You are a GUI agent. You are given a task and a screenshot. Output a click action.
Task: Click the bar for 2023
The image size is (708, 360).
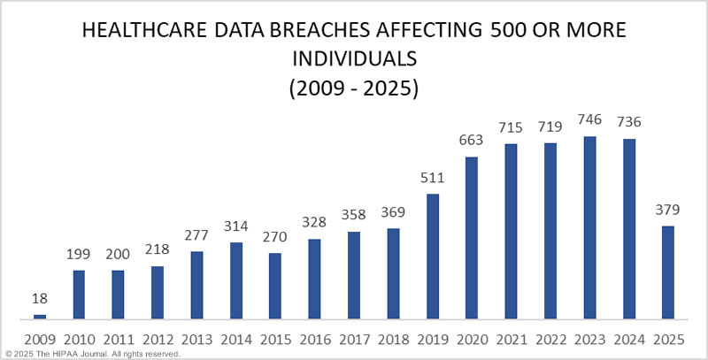point(589,227)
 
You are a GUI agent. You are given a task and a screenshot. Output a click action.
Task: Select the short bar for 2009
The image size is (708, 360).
point(39,316)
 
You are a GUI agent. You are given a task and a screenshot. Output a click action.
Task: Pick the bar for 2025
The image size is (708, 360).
point(668,272)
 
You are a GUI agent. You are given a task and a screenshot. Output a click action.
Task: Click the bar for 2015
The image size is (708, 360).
point(275,286)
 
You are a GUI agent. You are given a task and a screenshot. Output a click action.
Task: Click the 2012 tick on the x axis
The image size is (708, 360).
point(158,339)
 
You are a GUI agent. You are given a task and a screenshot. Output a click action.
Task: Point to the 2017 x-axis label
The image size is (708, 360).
point(354,339)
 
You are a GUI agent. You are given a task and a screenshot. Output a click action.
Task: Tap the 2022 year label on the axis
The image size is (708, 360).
point(550,339)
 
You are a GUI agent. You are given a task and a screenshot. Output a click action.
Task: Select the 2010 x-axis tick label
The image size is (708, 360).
point(79,339)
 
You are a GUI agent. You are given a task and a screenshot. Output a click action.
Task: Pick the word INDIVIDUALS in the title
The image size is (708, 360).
point(354,62)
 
